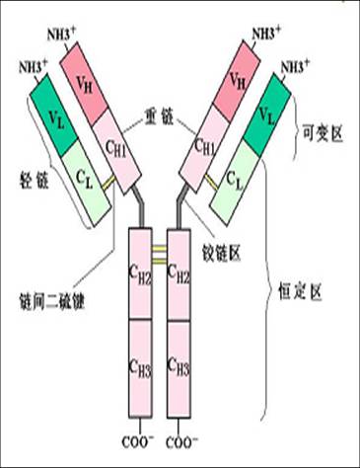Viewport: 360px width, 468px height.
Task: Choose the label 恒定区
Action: point(322,293)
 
